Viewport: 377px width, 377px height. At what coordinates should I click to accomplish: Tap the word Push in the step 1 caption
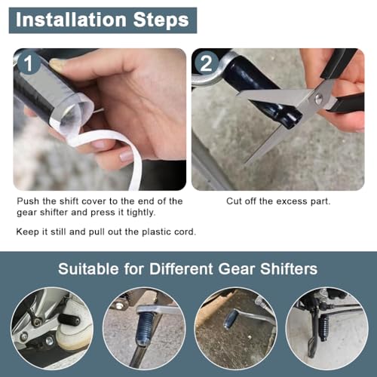(29, 201)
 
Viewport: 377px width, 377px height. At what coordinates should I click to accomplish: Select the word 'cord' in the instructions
(183, 231)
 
